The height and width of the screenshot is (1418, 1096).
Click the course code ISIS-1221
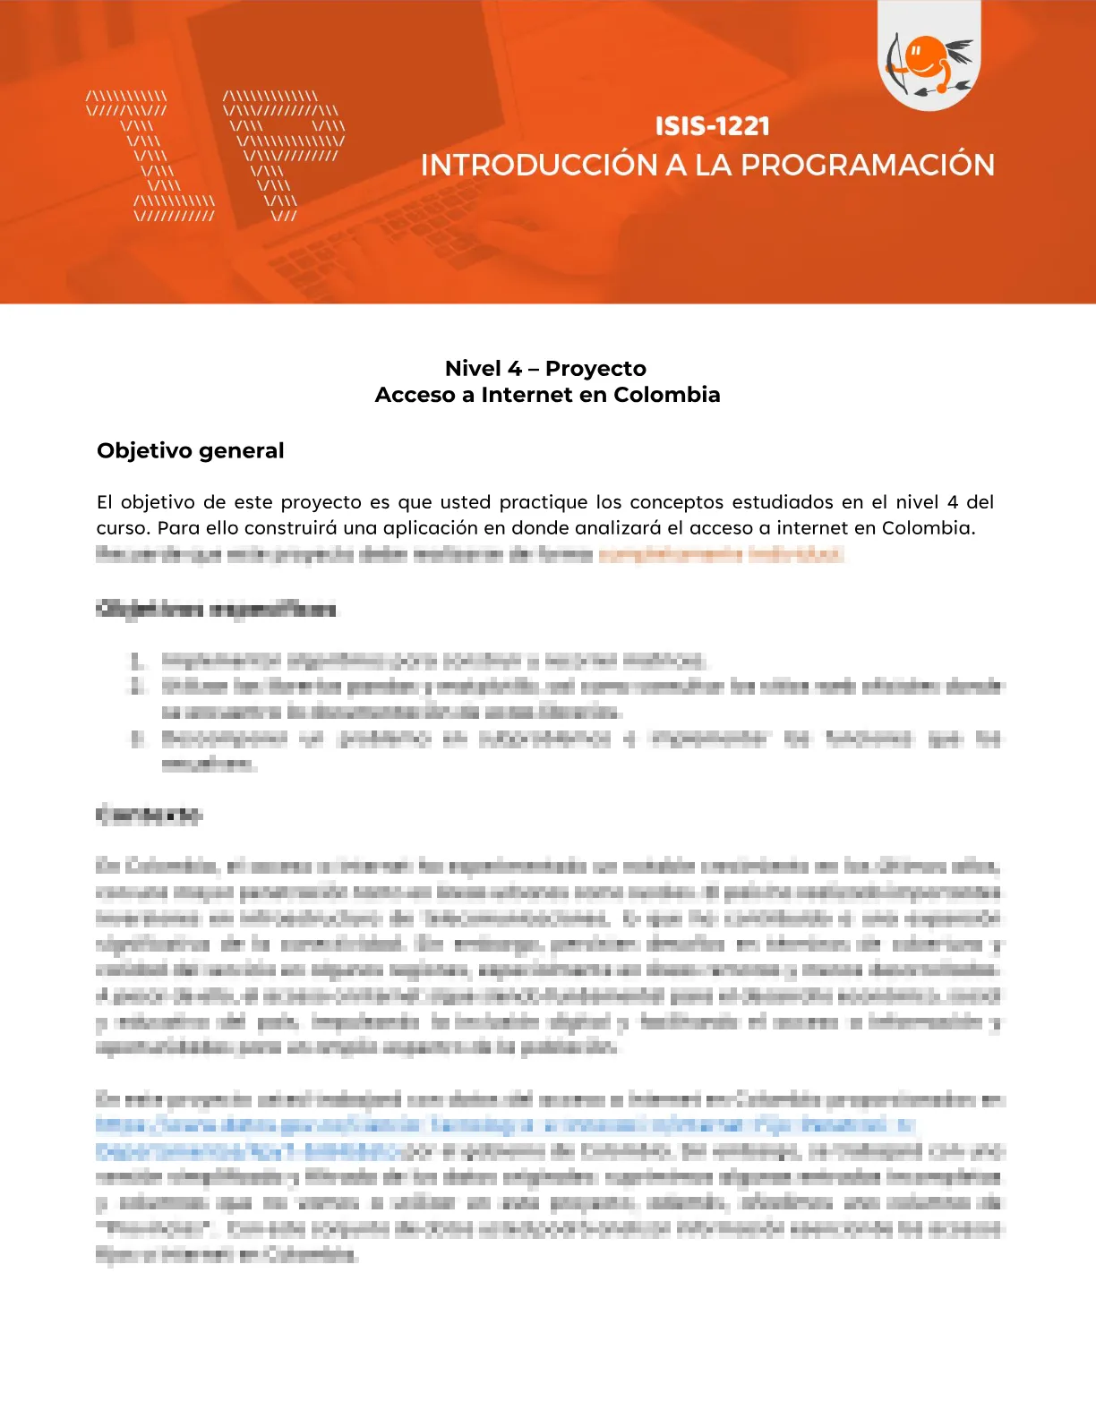pos(712,126)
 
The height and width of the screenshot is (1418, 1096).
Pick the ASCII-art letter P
pos(283,156)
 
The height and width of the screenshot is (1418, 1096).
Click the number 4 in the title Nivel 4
pos(514,369)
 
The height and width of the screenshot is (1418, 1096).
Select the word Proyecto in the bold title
pos(595,369)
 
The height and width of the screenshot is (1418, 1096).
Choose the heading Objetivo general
pos(190,450)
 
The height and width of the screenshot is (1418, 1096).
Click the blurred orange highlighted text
pos(721,554)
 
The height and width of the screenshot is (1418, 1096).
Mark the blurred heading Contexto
pos(150,815)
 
